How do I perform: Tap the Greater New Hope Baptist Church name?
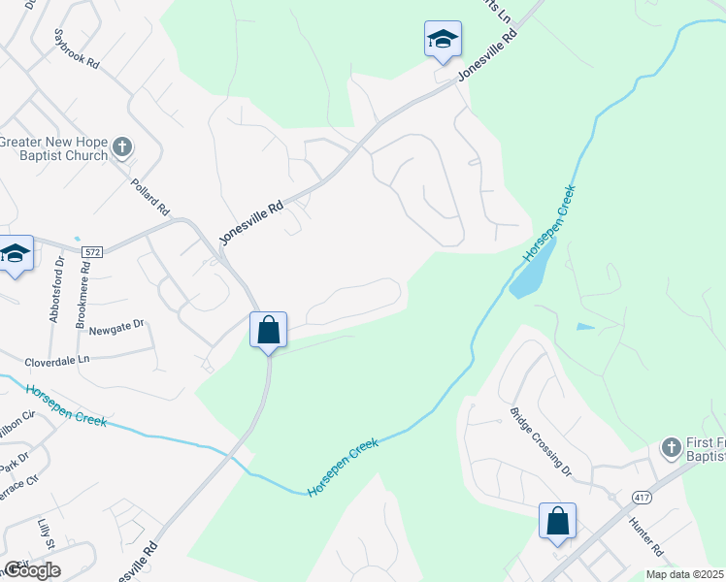click(x=53, y=148)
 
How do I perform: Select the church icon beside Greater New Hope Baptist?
click(x=121, y=147)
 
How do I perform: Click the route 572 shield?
click(x=91, y=251)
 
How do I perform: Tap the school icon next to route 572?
click(x=15, y=255)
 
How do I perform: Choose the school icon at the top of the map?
click(x=443, y=40)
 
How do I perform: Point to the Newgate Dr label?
click(x=116, y=328)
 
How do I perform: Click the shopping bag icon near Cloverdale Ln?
click(x=269, y=330)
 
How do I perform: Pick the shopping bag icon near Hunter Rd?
click(x=558, y=521)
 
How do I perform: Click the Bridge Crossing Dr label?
click(x=541, y=441)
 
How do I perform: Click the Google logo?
click(x=32, y=569)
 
